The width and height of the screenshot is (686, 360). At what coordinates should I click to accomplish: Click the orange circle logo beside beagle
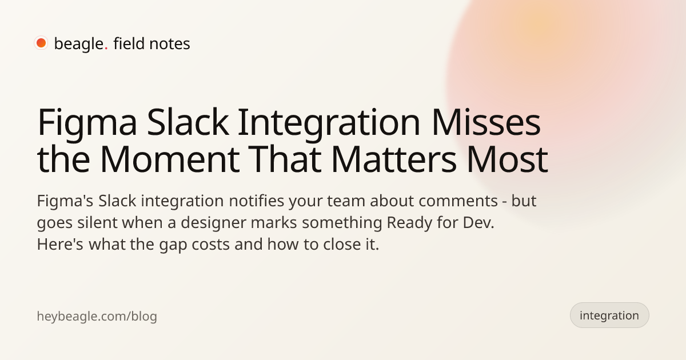tap(41, 43)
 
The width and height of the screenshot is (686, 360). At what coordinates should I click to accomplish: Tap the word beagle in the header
tap(79, 44)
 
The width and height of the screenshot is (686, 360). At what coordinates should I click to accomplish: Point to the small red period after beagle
tap(106, 49)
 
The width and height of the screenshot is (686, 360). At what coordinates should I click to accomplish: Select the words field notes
tap(151, 43)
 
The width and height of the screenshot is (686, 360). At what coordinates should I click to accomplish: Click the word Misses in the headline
tap(486, 122)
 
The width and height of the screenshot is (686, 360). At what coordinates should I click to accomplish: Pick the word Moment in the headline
tap(170, 159)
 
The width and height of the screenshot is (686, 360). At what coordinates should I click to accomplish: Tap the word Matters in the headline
tap(394, 159)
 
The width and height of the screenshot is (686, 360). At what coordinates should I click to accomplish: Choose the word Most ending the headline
tap(507, 159)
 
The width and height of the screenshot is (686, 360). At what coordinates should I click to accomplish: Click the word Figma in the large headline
tap(87, 124)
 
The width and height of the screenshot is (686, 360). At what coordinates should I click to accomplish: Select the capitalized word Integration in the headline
tap(329, 124)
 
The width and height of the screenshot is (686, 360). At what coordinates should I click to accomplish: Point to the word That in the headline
tap(285, 159)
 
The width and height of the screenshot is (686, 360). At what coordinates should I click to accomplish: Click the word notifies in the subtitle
tap(256, 201)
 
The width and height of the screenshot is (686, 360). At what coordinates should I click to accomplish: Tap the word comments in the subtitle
tap(458, 202)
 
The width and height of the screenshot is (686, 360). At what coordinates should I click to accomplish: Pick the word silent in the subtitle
tap(97, 222)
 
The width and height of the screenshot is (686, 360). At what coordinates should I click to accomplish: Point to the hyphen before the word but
tap(504, 203)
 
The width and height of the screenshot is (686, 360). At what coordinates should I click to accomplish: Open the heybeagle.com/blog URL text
tap(97, 316)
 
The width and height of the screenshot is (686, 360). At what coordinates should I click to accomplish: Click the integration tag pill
tap(609, 315)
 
